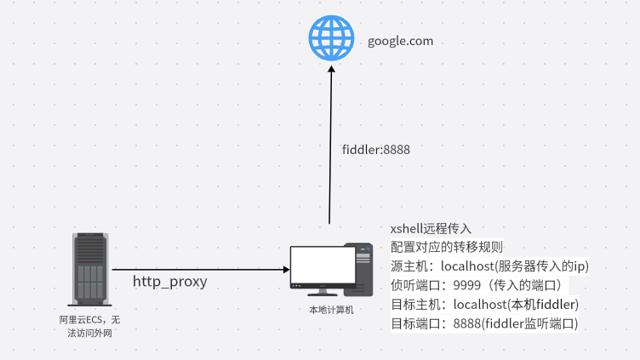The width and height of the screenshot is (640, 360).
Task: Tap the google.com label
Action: click(400, 41)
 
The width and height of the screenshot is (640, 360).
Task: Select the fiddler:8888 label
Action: click(376, 149)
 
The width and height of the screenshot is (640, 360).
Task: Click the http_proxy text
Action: click(170, 281)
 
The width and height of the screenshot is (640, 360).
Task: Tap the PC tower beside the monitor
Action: click(358, 268)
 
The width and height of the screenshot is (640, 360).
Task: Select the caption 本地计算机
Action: click(331, 310)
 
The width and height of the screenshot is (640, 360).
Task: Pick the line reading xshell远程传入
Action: click(431, 229)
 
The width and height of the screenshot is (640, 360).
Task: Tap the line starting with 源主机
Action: click(489, 266)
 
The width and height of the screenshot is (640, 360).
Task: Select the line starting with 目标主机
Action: click(484, 305)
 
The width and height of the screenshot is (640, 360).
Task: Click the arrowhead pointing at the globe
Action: click(331, 75)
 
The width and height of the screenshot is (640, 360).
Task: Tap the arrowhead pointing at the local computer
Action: click(285, 270)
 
